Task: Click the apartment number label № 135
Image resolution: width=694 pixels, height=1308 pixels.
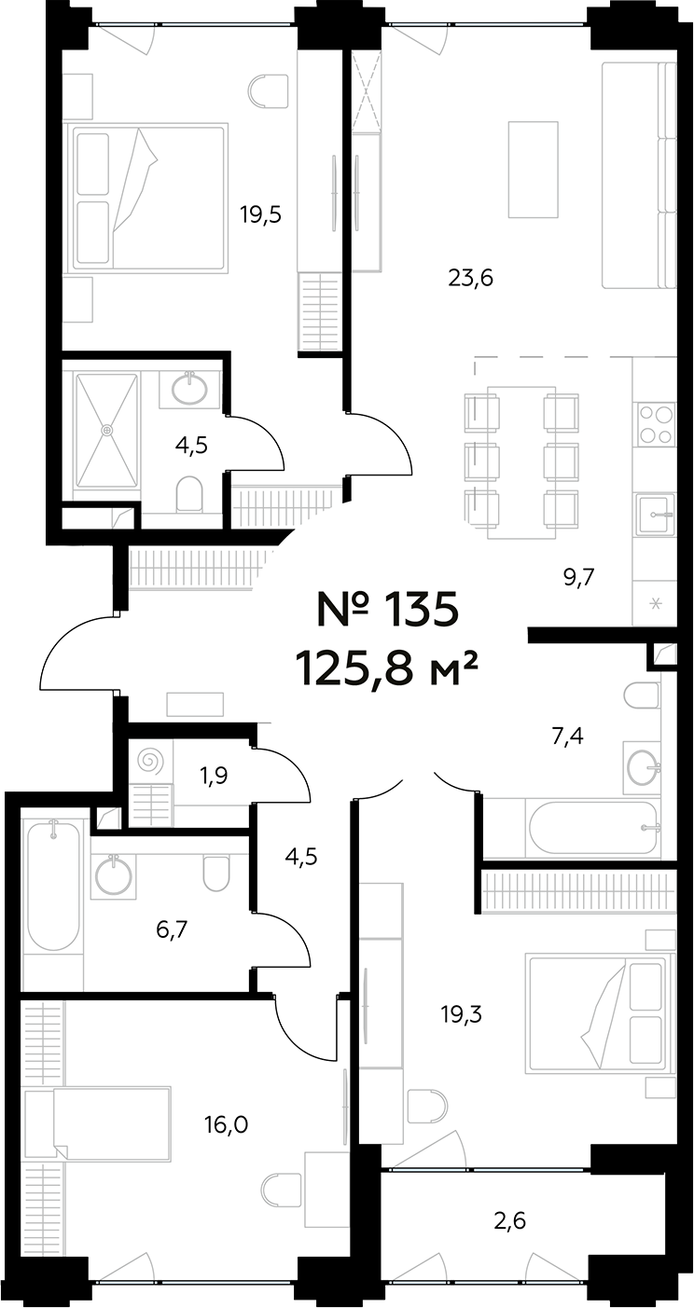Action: click(387, 609)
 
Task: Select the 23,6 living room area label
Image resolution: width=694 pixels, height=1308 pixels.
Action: click(471, 278)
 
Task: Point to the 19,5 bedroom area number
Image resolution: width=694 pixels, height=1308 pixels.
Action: click(260, 214)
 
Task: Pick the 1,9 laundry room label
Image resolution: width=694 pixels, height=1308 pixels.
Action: click(214, 776)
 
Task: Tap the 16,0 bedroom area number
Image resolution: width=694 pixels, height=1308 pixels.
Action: click(227, 1124)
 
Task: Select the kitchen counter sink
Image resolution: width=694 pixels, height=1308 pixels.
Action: click(656, 514)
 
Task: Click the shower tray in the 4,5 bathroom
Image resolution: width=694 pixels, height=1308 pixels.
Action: click(107, 430)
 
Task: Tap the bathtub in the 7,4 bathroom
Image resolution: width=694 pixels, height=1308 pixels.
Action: click(593, 829)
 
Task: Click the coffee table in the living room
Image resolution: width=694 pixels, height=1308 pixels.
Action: click(533, 170)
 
